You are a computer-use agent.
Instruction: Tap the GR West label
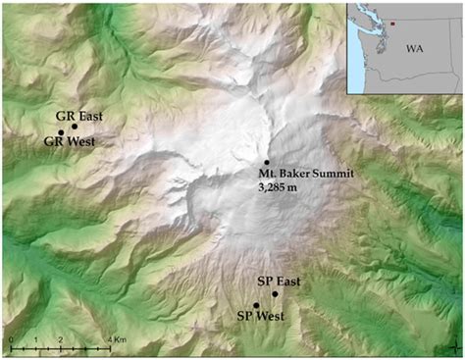69,141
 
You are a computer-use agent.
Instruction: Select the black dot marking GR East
75,126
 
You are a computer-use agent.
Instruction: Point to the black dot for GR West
61,132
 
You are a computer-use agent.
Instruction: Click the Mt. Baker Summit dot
267,162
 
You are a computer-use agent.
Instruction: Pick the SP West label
259,316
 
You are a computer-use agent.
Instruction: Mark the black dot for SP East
276,293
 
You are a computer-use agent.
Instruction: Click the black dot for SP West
256,305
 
